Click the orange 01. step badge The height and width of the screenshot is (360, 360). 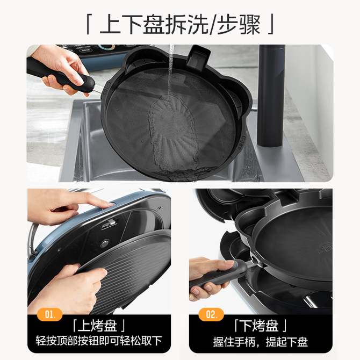[x=50, y=314]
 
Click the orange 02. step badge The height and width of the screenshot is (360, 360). [x=211, y=314]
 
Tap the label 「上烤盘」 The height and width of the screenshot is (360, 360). [x=99, y=326]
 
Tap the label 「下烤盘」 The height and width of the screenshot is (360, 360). [x=261, y=326]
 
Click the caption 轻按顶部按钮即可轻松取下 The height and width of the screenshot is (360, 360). [x=99, y=341]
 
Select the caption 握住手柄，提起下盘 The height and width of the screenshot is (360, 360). [x=261, y=342]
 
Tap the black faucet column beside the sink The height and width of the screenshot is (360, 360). [x=271, y=95]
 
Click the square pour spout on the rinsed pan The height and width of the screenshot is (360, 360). [x=198, y=57]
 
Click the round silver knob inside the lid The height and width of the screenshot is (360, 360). [x=105, y=243]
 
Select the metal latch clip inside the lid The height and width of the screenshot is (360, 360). [x=110, y=224]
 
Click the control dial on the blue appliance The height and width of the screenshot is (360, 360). [x=106, y=47]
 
